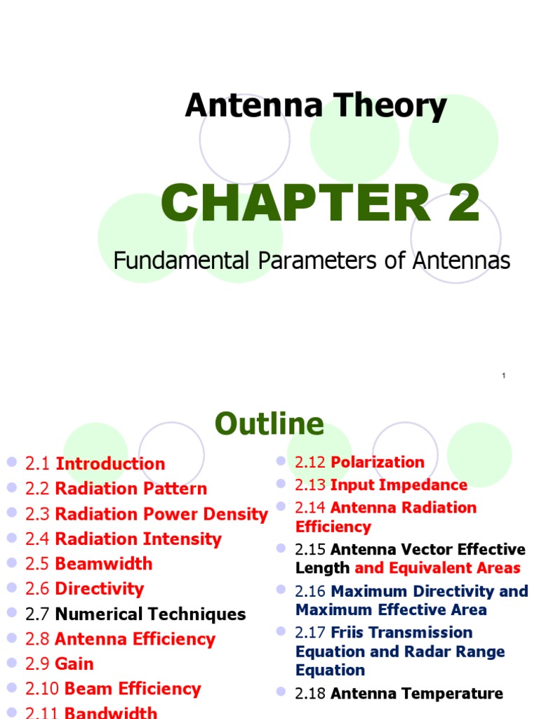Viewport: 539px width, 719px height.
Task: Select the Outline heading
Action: (269, 424)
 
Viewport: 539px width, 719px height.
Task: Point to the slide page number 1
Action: (504, 376)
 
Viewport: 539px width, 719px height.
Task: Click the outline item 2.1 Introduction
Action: (95, 464)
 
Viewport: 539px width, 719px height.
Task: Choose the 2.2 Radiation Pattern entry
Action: (116, 489)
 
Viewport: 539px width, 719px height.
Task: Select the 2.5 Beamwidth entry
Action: (88, 564)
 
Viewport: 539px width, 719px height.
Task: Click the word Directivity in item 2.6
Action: (99, 588)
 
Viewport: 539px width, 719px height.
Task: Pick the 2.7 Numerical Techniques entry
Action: (135, 614)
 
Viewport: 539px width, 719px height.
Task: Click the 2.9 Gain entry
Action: (59, 664)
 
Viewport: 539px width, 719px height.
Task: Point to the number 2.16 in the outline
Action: (310, 591)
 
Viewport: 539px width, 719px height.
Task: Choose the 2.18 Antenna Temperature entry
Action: (399, 694)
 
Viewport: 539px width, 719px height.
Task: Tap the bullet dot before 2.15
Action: (281, 548)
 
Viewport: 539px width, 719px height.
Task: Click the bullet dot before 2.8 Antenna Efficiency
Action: (11, 638)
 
